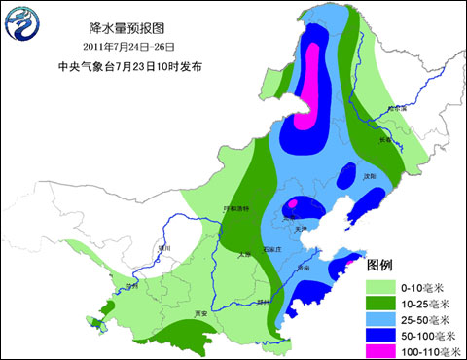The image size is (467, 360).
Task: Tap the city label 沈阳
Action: [368, 177]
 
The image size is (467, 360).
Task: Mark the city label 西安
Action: [201, 314]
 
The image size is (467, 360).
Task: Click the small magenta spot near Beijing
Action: [292, 203]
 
